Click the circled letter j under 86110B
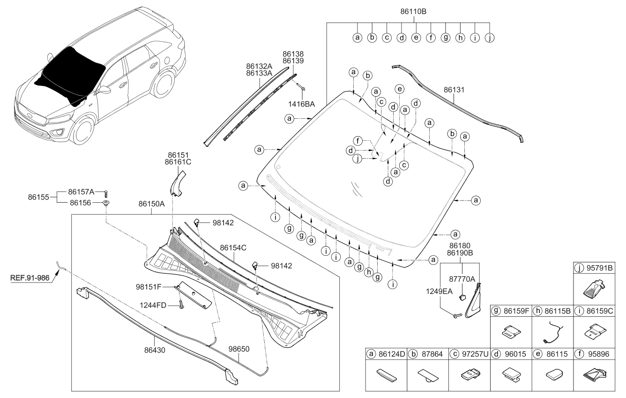coord(490,37)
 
